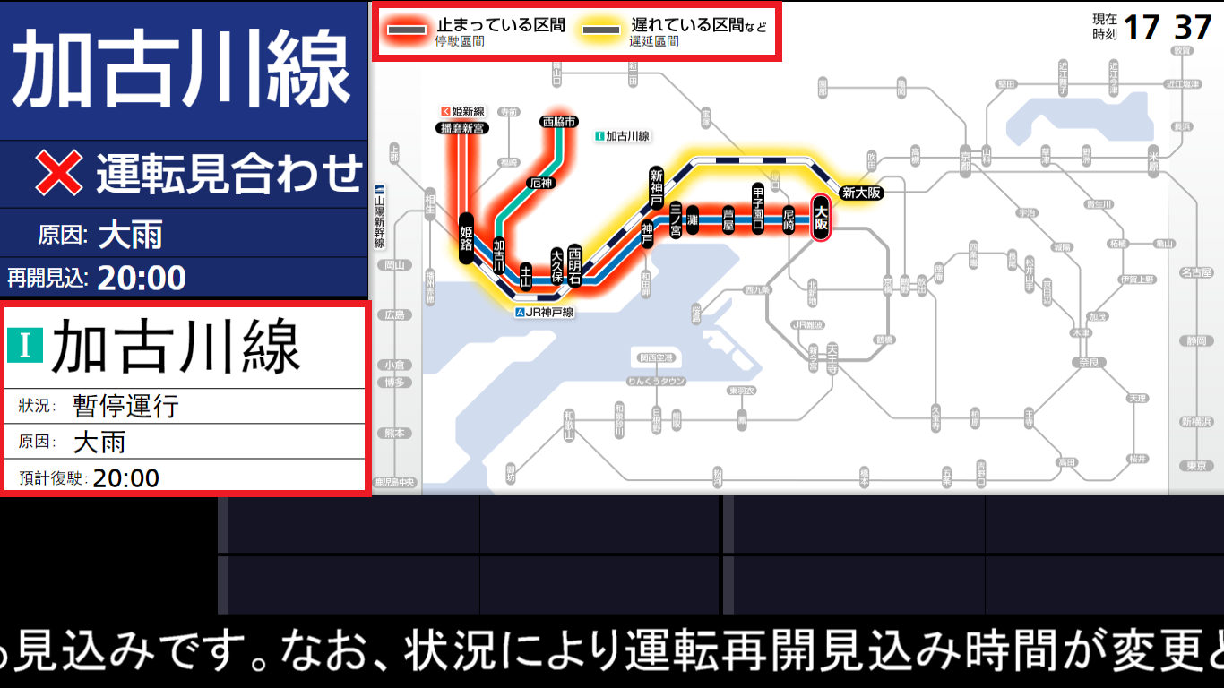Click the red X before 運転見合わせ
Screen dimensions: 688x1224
pyautogui.click(x=59, y=173)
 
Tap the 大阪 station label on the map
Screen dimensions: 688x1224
pyautogui.click(x=820, y=219)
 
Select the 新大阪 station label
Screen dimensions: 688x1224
pyautogui.click(x=862, y=193)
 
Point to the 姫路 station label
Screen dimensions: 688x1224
pyautogui.click(x=466, y=239)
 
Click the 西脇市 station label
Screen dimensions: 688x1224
pyautogui.click(x=558, y=122)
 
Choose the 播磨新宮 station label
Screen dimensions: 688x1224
pyautogui.click(x=461, y=128)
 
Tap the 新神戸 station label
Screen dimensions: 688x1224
pyautogui.click(x=657, y=186)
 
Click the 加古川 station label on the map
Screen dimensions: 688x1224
pyautogui.click(x=499, y=255)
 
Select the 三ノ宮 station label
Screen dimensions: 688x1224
pyautogui.click(x=677, y=219)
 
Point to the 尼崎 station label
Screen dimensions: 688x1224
pyautogui.click(x=789, y=219)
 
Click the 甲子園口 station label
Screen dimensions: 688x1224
pyautogui.click(x=758, y=208)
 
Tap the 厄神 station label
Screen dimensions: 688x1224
pyautogui.click(x=541, y=183)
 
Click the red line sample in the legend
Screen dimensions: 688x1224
pyautogui.click(x=407, y=30)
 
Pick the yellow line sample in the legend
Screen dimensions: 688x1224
pyautogui.click(x=601, y=30)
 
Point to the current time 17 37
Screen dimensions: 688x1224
pyautogui.click(x=1168, y=28)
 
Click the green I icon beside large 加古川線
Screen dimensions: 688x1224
pyautogui.click(x=25, y=346)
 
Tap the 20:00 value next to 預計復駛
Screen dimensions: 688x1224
pyautogui.click(x=126, y=477)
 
